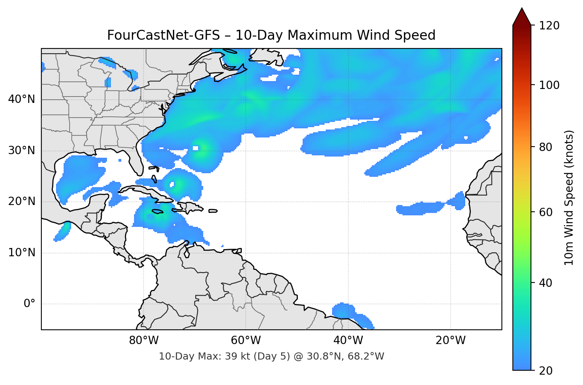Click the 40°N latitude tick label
pos(21,99)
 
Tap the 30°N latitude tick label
pos(21,151)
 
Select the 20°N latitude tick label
pos(21,201)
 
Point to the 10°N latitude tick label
pos(21,253)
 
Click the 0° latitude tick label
pos(29,304)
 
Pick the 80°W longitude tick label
pos(144,341)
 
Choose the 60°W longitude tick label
pos(246,341)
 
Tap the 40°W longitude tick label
pos(348,341)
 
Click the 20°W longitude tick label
pos(450,341)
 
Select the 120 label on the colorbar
pos(549,26)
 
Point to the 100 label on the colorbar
pos(549,85)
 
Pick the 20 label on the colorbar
pos(546,371)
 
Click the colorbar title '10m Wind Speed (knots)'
pos(569,197)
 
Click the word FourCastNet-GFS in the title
pos(163,35)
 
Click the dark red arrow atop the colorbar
pos(522,17)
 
